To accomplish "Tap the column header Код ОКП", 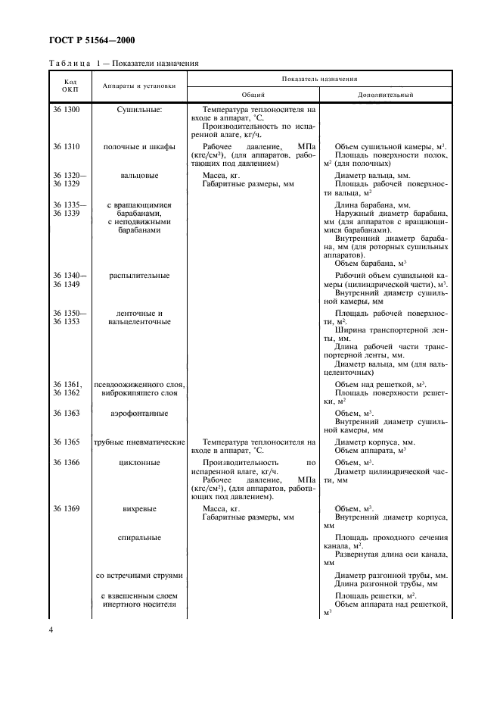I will click(x=70, y=85).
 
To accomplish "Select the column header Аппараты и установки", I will click(x=139, y=85).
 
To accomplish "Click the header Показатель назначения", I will click(x=319, y=78).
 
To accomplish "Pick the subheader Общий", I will click(x=253, y=95).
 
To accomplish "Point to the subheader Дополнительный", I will click(x=385, y=95).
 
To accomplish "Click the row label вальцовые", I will click(x=139, y=175).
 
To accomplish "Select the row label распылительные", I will click(x=139, y=276).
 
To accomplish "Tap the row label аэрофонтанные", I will click(x=139, y=413).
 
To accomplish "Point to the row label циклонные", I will click(x=139, y=461).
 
